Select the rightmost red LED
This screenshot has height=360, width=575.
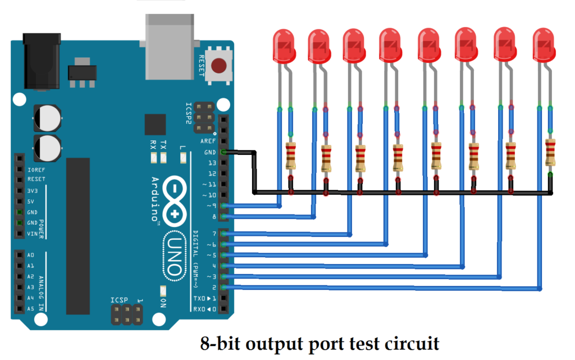tap(544, 45)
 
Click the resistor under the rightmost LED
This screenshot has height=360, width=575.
tap(550, 153)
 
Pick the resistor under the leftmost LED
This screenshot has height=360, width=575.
tap(291, 156)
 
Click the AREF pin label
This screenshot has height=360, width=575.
tap(208, 141)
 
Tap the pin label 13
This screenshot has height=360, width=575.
tap(212, 163)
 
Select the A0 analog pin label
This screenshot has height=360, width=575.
tap(30, 255)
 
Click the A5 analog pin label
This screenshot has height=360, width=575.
tap(30, 308)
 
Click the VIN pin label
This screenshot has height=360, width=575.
tap(33, 233)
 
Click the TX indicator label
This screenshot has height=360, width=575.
tap(163, 144)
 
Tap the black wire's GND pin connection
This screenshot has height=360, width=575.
tap(225, 152)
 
